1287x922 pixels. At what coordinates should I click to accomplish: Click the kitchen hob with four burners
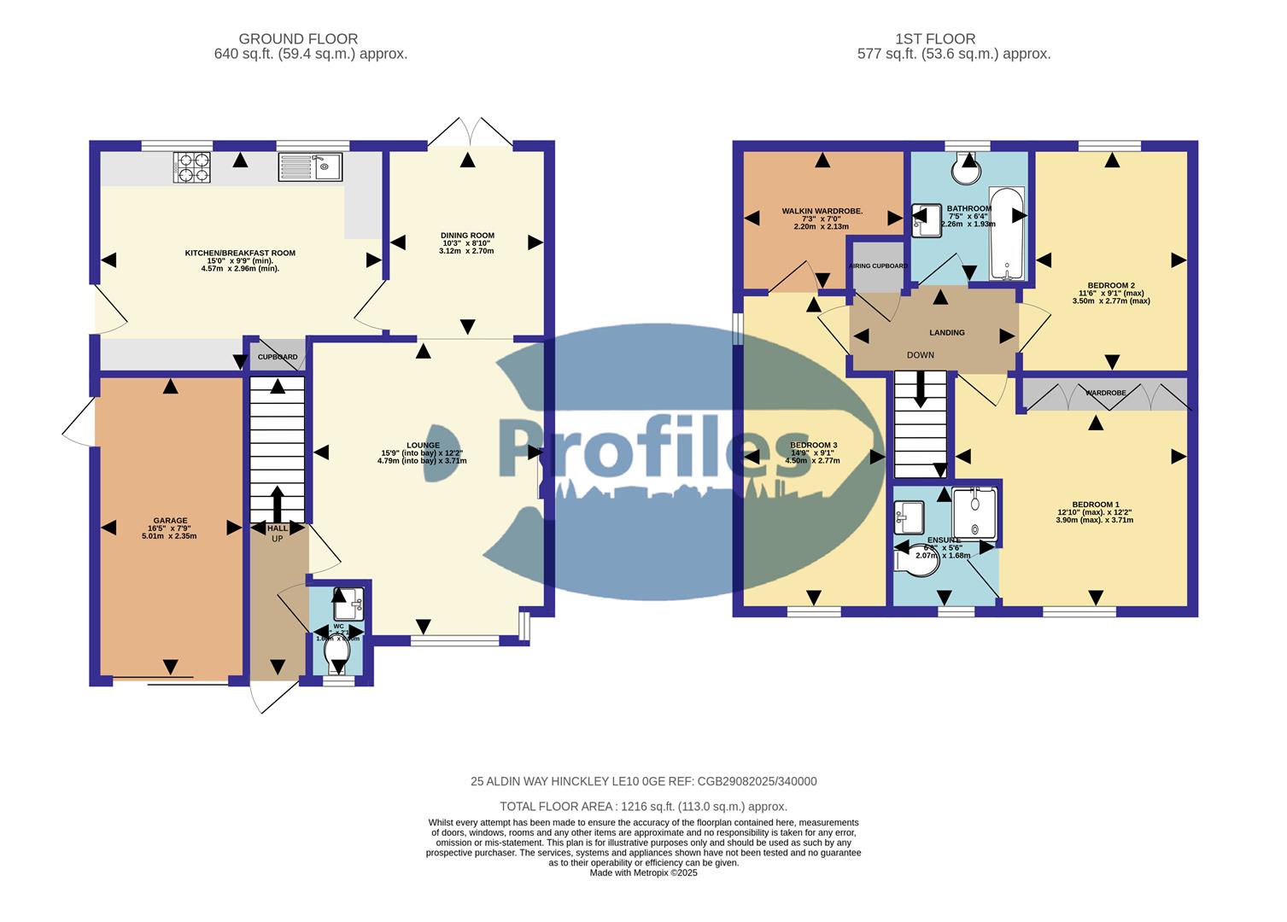(x=191, y=167)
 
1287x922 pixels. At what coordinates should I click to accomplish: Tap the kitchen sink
(x=310, y=167)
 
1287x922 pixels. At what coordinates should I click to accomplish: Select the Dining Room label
(x=467, y=236)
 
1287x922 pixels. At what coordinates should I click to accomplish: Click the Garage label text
(x=170, y=521)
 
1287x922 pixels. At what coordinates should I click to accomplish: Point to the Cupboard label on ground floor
(x=278, y=357)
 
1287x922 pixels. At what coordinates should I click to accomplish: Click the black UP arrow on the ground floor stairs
(x=278, y=504)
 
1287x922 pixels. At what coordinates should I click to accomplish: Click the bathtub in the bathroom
(x=1009, y=233)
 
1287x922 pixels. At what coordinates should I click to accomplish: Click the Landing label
(x=946, y=333)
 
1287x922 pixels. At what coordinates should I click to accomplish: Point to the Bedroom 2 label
(x=1110, y=285)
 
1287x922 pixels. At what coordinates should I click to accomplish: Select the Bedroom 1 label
(x=1094, y=505)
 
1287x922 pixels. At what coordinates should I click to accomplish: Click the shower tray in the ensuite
(x=974, y=514)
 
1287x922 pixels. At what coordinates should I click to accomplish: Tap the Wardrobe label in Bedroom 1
(x=1105, y=394)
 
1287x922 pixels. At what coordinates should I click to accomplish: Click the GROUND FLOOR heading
(x=298, y=38)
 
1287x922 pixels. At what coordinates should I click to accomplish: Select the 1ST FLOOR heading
(x=935, y=38)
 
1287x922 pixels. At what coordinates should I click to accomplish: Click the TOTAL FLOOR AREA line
(x=643, y=806)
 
